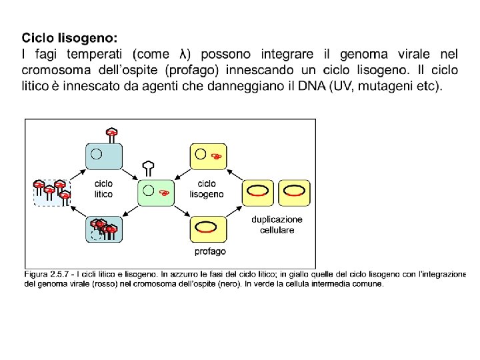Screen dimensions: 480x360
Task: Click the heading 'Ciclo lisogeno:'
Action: [x=69, y=37]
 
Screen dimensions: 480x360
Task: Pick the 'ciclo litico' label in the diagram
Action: [x=104, y=189]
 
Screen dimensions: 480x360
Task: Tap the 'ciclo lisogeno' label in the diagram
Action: [x=207, y=189]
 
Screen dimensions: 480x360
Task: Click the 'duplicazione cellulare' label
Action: [x=277, y=225]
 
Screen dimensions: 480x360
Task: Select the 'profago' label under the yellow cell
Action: [x=210, y=251]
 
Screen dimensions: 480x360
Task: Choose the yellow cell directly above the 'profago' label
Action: [x=208, y=228]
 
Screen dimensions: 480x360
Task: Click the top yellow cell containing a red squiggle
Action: [x=209, y=156]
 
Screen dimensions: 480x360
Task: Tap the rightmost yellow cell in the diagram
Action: [x=294, y=191]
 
